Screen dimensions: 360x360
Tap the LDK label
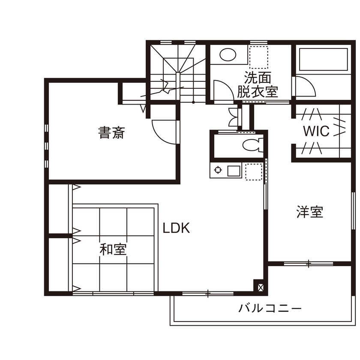[176, 228]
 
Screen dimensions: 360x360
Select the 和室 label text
[113, 249]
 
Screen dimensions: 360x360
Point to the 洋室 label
[309, 212]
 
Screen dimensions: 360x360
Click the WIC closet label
[316, 131]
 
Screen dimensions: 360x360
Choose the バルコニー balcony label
[270, 308]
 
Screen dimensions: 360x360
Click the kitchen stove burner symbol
[218, 170]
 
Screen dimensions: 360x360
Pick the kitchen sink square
[234, 171]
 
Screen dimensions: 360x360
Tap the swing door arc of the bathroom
[305, 86]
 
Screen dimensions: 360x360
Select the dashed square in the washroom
[258, 57]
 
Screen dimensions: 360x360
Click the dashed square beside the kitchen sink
[253, 171]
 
